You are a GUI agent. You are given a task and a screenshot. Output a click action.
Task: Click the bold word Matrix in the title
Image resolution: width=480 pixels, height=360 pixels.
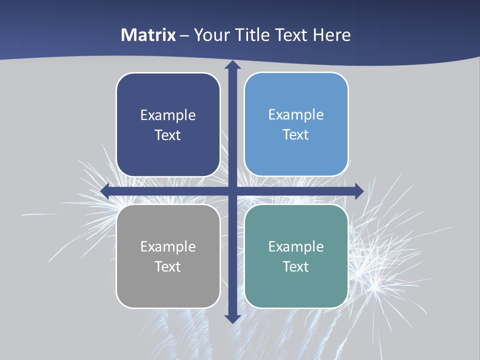click(x=148, y=35)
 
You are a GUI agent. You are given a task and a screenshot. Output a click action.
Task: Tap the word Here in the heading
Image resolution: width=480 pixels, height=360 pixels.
click(x=332, y=35)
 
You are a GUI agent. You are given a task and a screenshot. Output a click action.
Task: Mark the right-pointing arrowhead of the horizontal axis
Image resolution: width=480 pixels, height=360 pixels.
click(x=358, y=191)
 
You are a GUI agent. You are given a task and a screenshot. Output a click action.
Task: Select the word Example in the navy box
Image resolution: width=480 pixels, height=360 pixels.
click(x=168, y=115)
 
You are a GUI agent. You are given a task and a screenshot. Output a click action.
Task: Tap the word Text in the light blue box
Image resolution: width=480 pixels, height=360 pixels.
click(x=296, y=135)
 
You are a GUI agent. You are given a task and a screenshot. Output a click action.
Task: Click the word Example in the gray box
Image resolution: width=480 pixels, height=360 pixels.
click(x=168, y=246)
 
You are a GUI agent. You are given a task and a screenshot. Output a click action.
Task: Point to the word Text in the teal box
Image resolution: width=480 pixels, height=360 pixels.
click(x=296, y=266)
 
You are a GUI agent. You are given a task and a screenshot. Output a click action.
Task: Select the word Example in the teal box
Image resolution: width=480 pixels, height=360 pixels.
click(x=296, y=246)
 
